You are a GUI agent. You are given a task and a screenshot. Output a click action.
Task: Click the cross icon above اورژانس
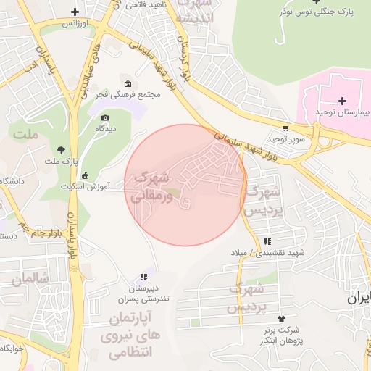[x=76, y=12]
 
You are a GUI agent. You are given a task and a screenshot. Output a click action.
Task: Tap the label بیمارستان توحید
[x=343, y=113]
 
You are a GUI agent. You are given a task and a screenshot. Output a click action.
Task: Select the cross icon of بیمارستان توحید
[x=343, y=100]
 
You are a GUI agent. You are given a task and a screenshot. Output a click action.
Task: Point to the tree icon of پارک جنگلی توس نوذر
[x=317, y=1]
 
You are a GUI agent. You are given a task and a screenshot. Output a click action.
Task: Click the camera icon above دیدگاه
[x=106, y=118]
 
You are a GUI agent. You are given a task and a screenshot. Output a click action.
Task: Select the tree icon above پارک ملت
[x=60, y=150]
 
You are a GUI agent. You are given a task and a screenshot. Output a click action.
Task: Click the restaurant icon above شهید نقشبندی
[x=268, y=241]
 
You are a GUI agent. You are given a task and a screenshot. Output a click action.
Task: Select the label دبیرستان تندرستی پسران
[x=143, y=293]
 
